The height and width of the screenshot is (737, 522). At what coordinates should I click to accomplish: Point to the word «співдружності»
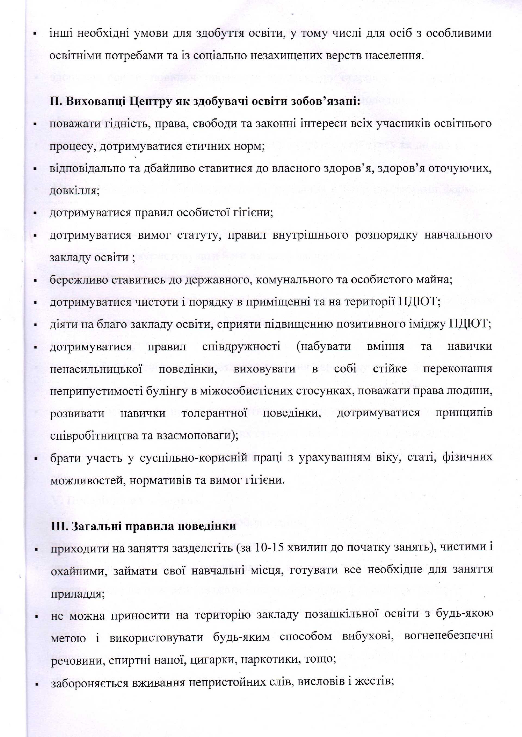click(241, 347)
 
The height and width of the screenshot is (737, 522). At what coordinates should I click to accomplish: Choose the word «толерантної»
click(214, 413)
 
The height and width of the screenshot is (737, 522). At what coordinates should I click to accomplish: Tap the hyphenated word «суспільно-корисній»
click(194, 458)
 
